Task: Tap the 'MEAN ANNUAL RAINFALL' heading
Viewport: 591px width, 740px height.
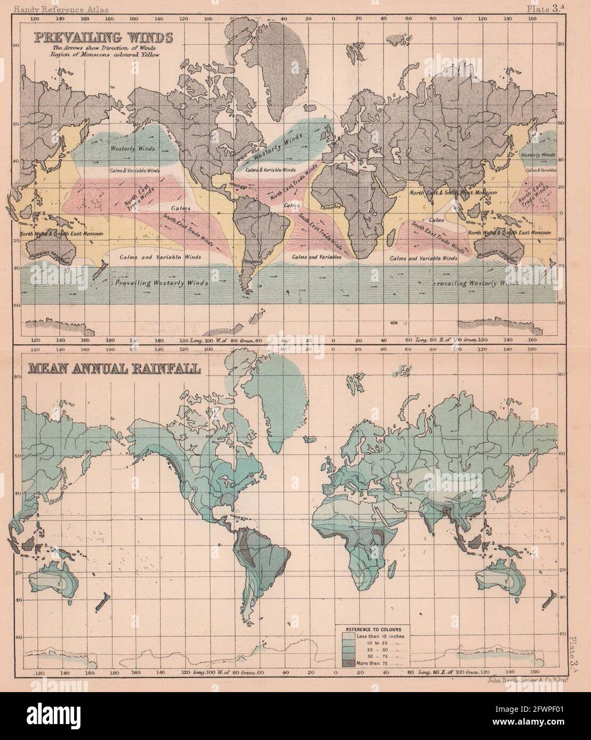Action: click(x=109, y=368)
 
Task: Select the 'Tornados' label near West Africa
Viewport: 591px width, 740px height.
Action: click(x=327, y=207)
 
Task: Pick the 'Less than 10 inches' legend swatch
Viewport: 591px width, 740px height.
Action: click(x=347, y=636)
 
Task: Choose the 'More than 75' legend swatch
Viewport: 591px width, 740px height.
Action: click(x=347, y=663)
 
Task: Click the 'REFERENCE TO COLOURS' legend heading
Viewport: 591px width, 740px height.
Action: click(x=375, y=629)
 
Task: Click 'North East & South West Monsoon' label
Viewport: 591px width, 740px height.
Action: click(x=453, y=193)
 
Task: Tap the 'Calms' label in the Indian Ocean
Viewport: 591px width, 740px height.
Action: click(x=436, y=219)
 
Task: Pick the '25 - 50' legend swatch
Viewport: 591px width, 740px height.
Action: click(x=347, y=649)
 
